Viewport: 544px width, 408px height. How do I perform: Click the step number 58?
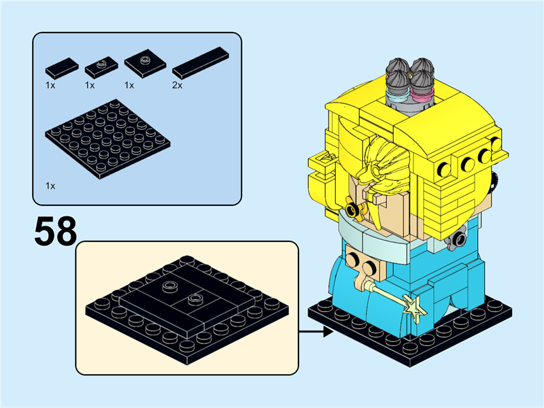[x=55, y=231]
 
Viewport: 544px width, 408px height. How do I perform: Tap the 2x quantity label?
[x=177, y=86]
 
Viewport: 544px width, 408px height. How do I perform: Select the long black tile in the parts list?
[x=200, y=63]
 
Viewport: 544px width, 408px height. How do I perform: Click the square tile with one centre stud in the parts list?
[x=145, y=63]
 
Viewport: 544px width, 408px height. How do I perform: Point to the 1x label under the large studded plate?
[x=50, y=185]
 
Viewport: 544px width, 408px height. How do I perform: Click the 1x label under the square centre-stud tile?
[x=130, y=86]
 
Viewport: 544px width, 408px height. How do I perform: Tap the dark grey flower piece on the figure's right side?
[x=462, y=239]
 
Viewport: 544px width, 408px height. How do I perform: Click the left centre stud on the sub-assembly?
[x=167, y=287]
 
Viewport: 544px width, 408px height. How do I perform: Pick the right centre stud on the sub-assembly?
[x=196, y=299]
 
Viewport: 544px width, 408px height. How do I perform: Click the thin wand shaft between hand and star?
[x=388, y=292]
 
